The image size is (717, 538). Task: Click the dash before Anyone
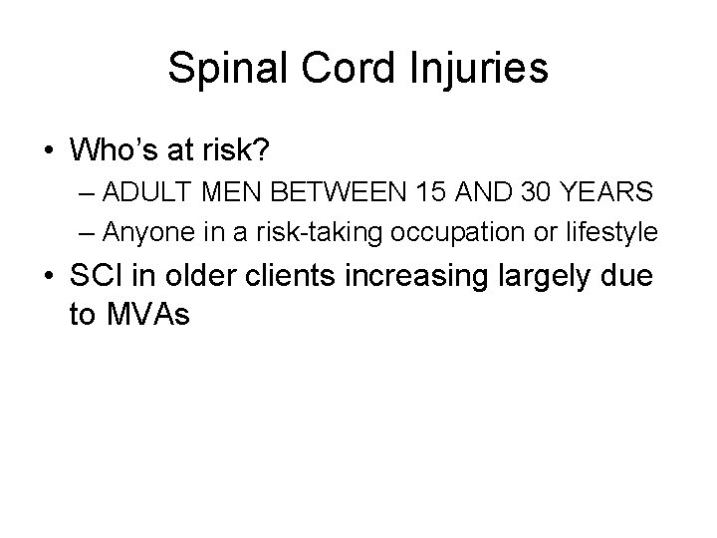tap(88, 233)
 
